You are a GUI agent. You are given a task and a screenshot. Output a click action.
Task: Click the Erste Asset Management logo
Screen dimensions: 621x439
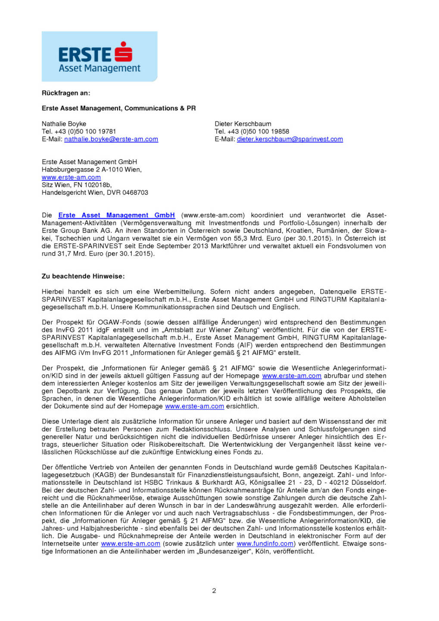coord(100,56)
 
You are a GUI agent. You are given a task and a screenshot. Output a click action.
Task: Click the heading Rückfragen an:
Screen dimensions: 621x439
coord(66,93)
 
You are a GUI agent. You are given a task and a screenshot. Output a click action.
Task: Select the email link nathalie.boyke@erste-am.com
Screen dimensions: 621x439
coord(111,139)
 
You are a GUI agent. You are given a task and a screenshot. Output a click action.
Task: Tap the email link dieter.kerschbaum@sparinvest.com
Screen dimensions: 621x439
coord(290,139)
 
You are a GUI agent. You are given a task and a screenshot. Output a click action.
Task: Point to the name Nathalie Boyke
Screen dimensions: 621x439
coord(64,124)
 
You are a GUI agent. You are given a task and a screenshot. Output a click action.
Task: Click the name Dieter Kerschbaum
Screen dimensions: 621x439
coord(243,124)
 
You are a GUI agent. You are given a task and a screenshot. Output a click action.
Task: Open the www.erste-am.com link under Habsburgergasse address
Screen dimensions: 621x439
coord(71,177)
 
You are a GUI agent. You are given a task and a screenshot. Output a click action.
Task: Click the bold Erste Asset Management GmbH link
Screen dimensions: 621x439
coord(117,215)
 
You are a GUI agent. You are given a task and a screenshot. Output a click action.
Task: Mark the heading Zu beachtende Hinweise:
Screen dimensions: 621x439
coord(83,276)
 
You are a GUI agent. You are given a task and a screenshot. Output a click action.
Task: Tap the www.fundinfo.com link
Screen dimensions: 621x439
coord(265,544)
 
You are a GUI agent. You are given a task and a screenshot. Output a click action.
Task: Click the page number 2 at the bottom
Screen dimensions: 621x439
coord(214,591)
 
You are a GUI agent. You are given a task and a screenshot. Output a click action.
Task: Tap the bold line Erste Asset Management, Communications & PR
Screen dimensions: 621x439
coord(119,108)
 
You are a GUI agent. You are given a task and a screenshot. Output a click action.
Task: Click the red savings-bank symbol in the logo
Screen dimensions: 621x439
coord(124,52)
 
